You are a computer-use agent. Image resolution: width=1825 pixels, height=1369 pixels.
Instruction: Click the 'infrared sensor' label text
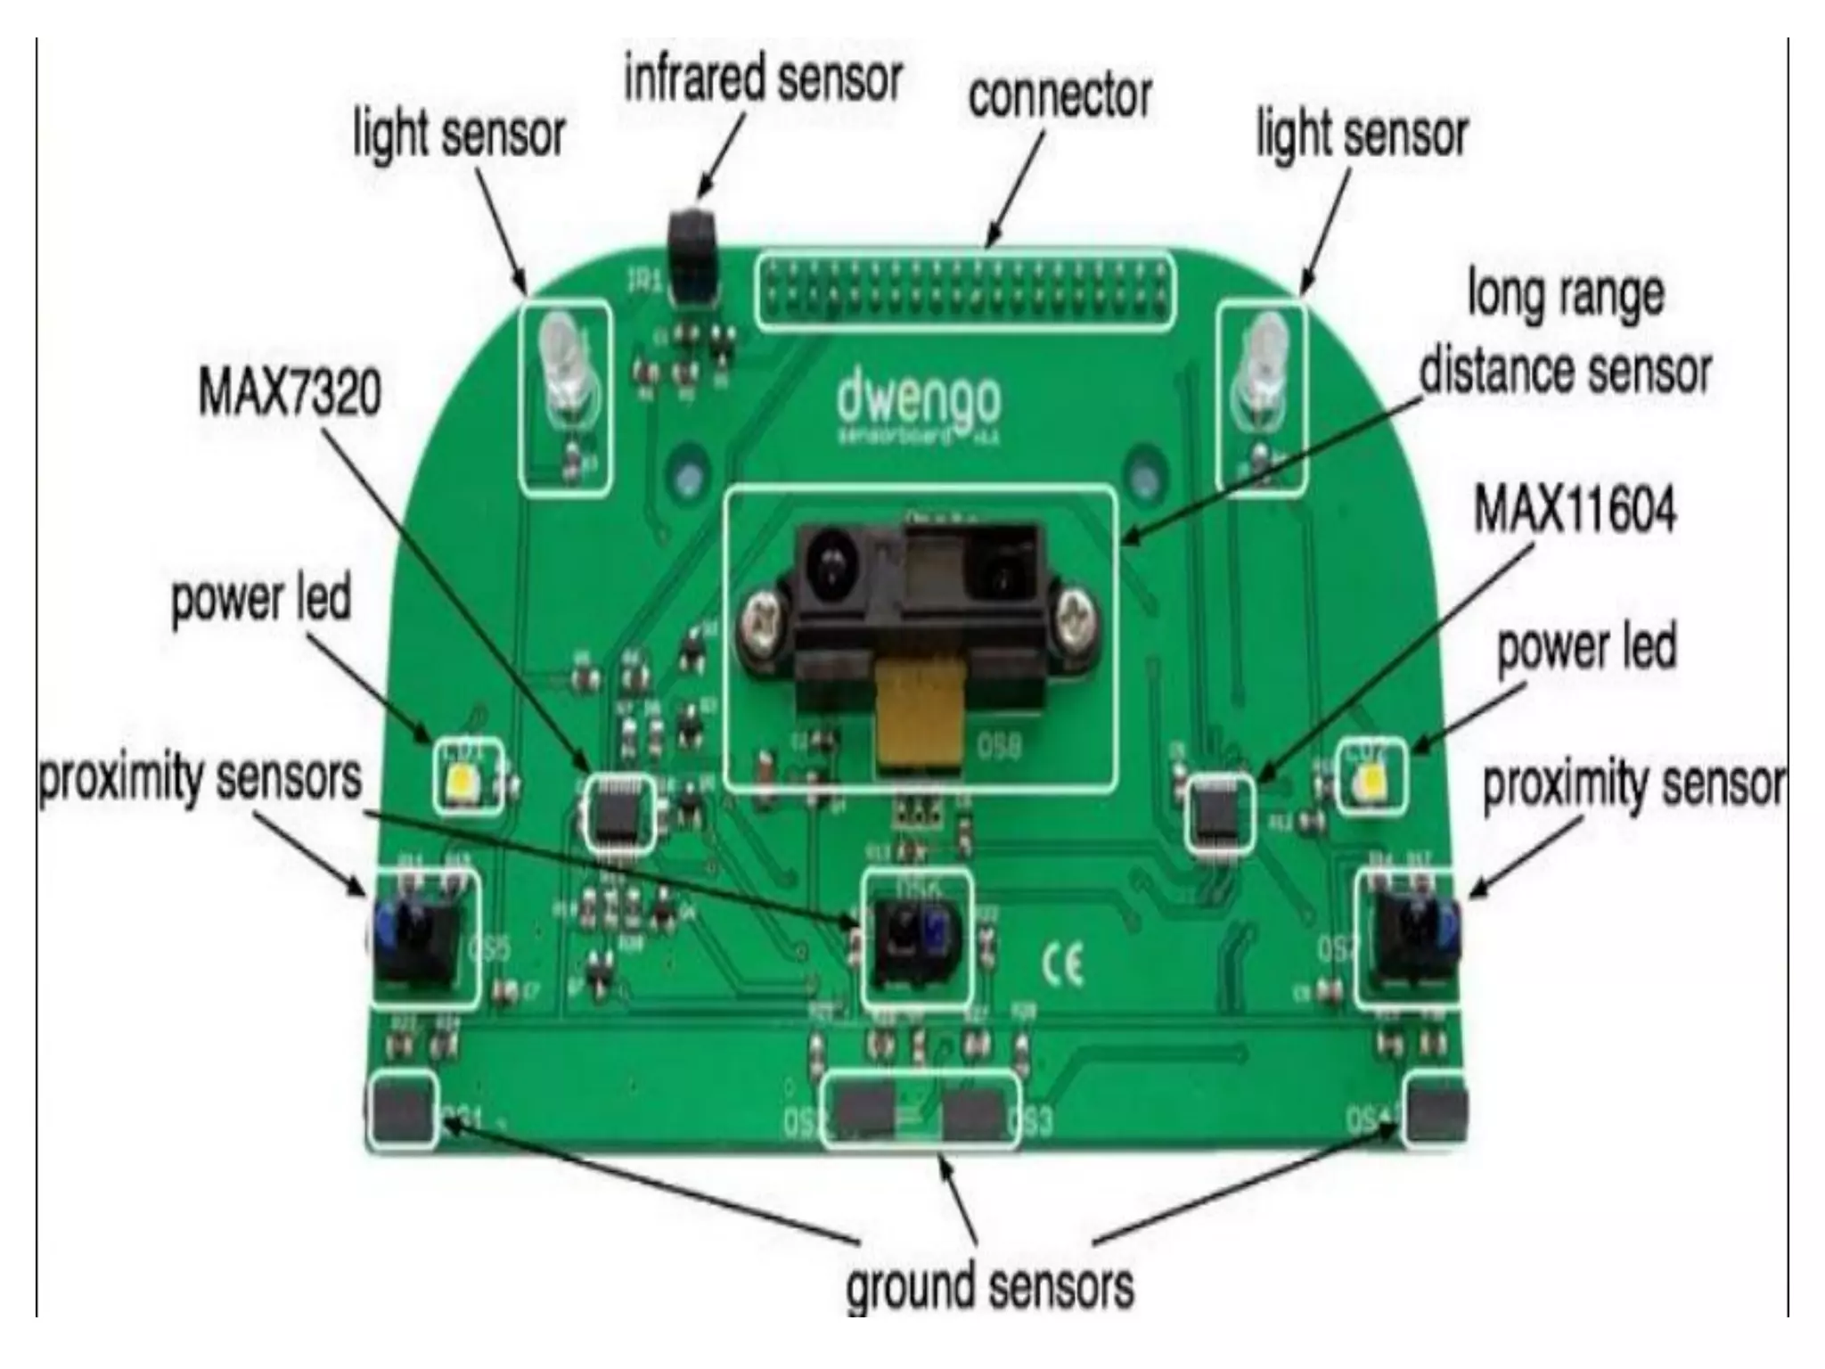tap(763, 78)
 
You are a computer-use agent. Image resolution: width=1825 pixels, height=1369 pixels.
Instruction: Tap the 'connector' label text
tap(1060, 95)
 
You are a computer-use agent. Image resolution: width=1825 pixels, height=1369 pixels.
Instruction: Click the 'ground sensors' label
tap(989, 1286)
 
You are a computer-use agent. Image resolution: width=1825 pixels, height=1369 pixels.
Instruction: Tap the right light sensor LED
tap(1260, 365)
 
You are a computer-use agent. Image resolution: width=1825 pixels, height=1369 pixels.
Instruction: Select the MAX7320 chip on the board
tap(616, 812)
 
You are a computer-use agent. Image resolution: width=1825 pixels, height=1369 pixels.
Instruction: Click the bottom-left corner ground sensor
tap(402, 1110)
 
